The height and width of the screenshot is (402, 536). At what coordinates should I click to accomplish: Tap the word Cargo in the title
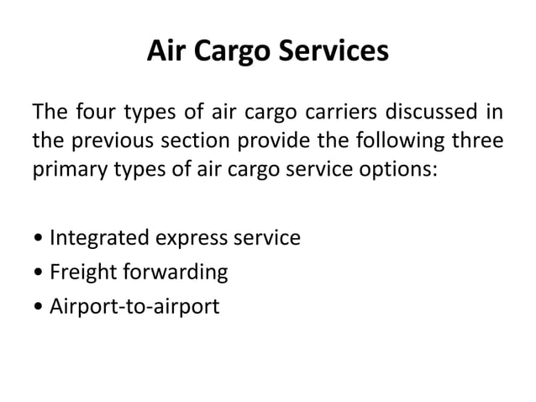[x=228, y=53]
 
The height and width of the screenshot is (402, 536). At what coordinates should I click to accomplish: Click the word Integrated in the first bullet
[x=98, y=239]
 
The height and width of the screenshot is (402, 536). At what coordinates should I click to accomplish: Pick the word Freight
[x=76, y=272]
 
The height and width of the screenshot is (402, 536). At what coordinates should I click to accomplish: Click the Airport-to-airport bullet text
[x=134, y=306]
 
